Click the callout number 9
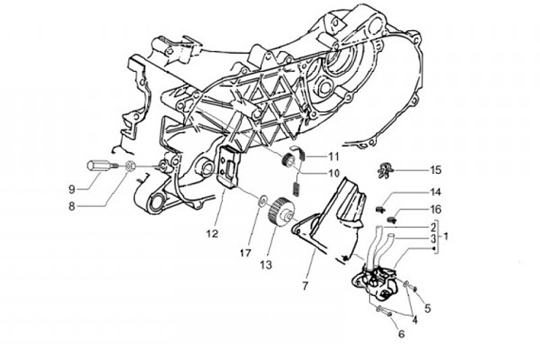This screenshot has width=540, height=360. (x=73, y=187)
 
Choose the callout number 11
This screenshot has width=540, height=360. (x=333, y=157)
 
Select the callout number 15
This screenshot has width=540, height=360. (x=436, y=169)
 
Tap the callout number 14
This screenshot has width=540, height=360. (x=436, y=192)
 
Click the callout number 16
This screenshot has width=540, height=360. (x=436, y=208)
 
